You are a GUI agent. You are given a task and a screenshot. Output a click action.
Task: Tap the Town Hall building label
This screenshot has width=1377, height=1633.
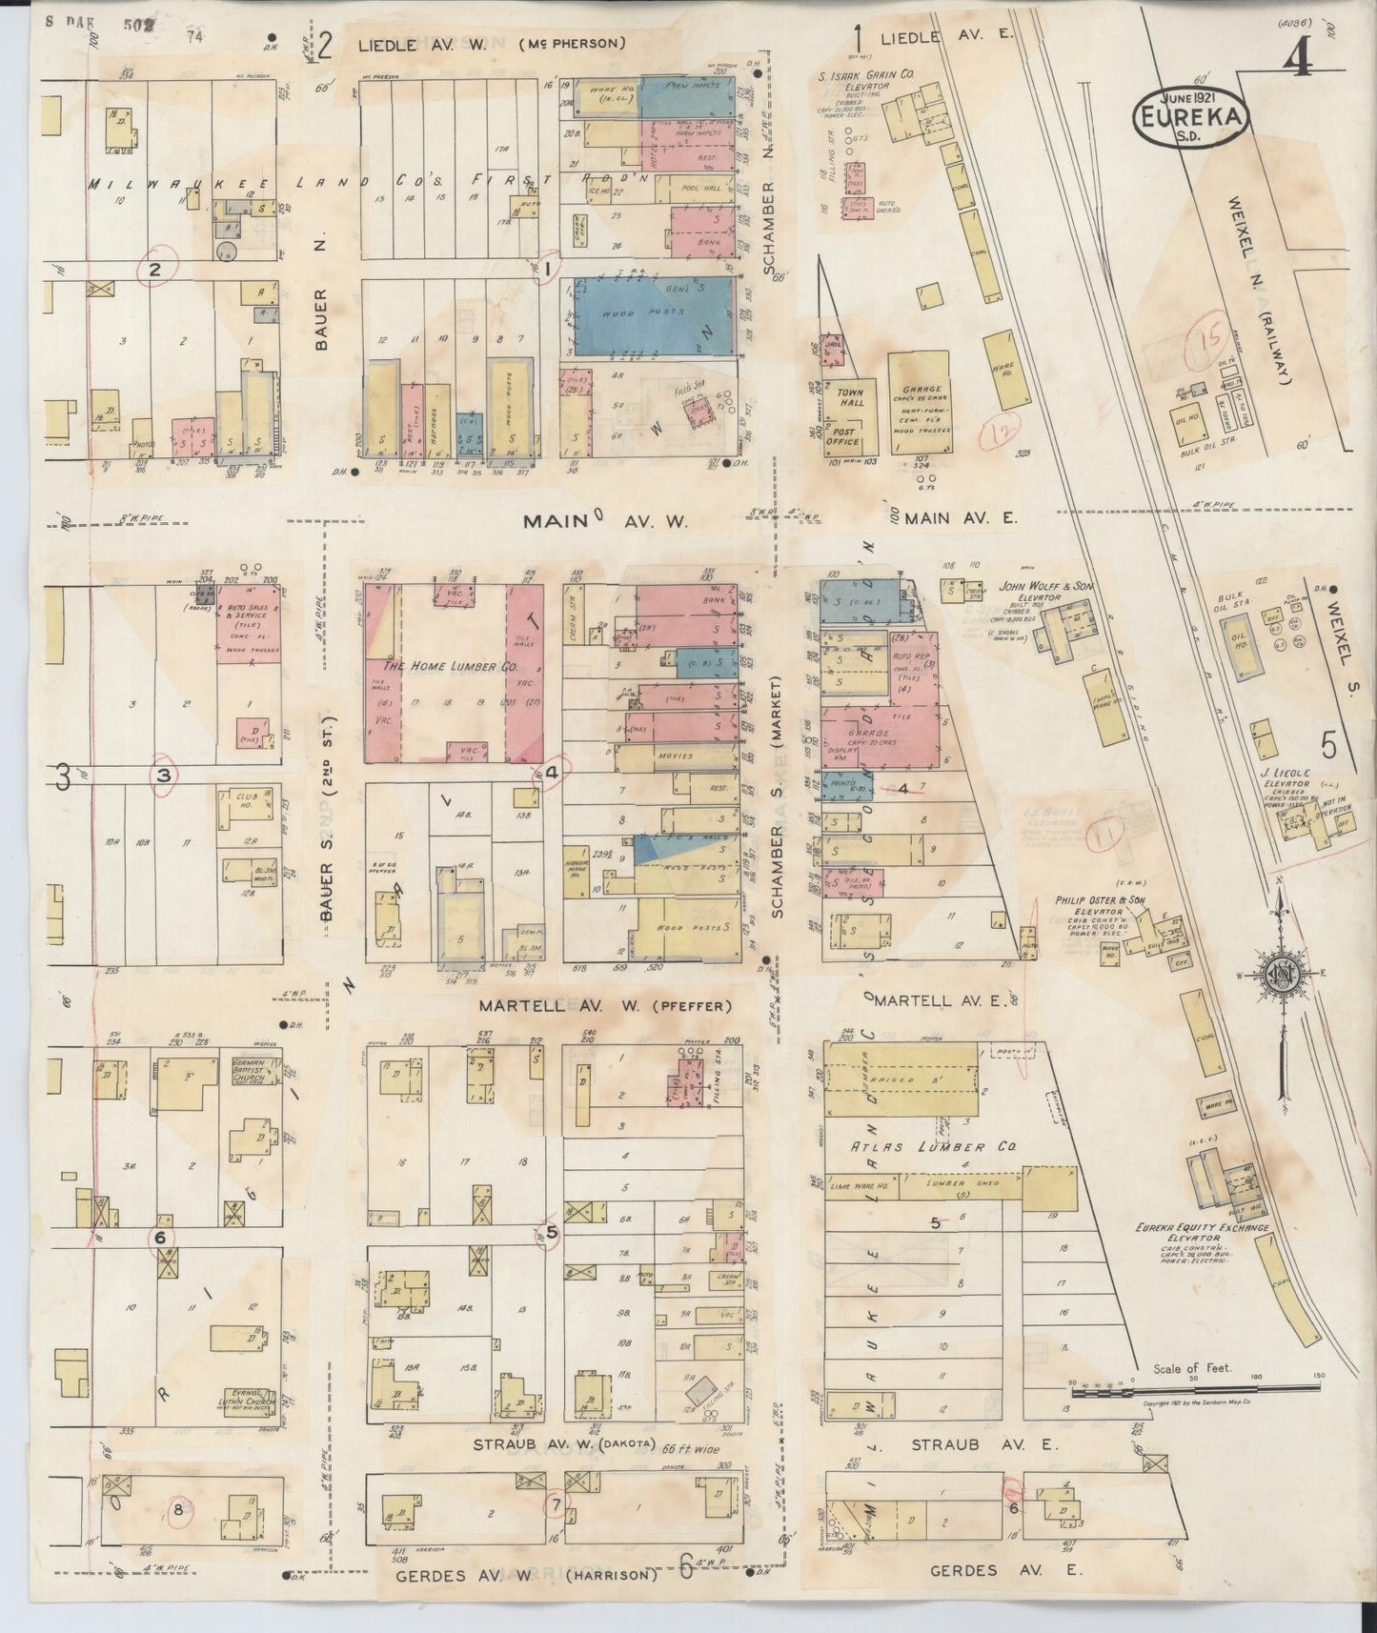851,397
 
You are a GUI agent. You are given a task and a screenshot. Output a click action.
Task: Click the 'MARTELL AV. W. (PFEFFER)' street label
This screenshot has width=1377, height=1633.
605,1006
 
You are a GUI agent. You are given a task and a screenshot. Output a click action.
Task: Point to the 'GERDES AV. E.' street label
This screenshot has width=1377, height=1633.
993,1570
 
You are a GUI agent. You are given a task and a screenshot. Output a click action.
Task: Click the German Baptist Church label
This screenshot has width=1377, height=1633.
253,1071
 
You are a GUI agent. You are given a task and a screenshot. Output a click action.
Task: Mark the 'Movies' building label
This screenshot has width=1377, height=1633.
675,756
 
